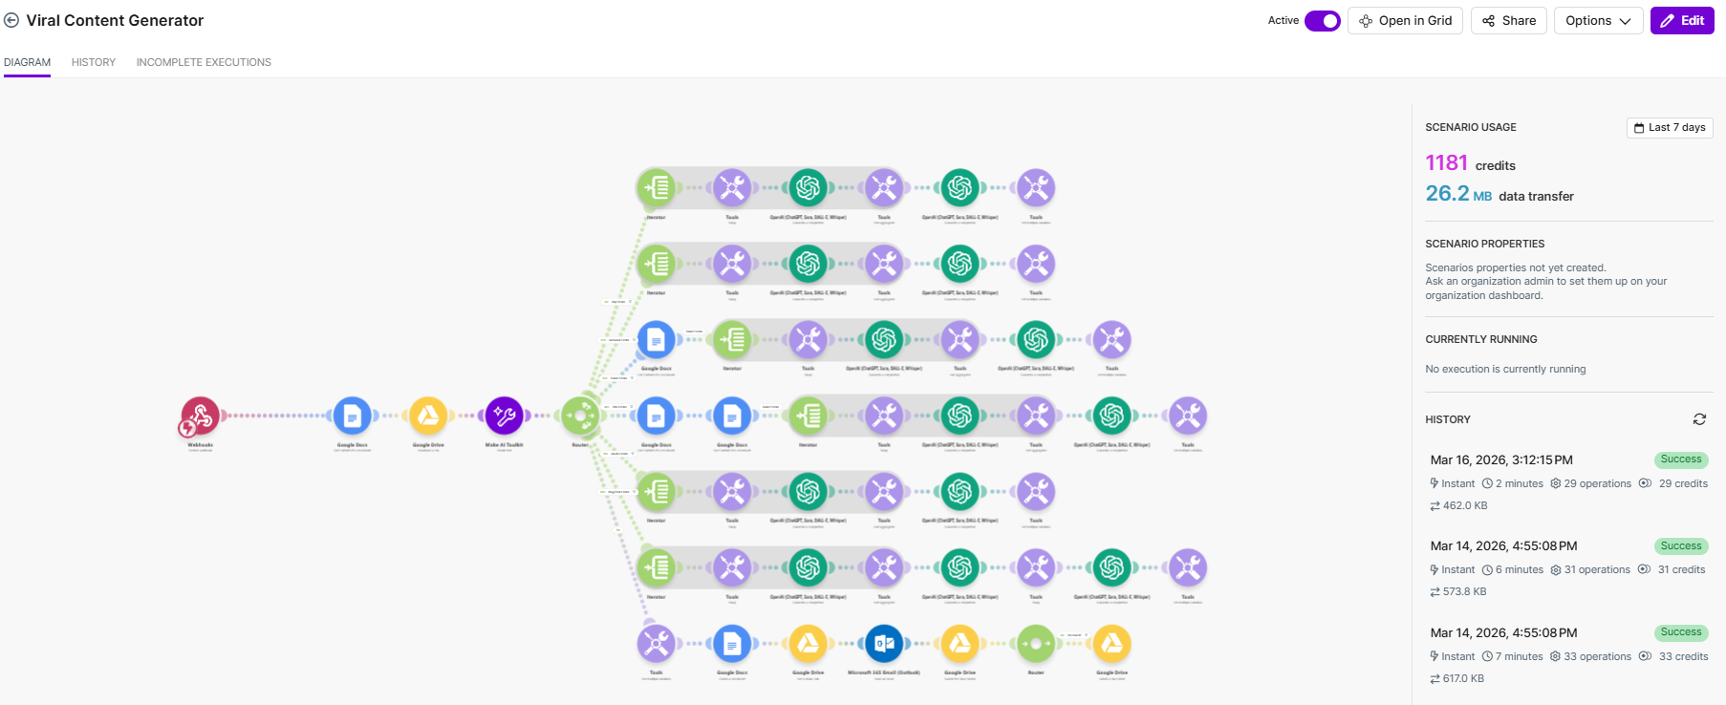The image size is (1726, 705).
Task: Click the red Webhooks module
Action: coord(201,416)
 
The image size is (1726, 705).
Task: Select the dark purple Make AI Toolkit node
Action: coord(504,416)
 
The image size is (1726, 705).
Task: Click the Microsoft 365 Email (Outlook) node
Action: coord(884,644)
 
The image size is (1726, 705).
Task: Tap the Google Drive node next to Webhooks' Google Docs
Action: coord(428,416)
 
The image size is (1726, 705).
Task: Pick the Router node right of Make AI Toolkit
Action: coord(580,416)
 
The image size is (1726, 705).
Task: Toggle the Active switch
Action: coord(1323,21)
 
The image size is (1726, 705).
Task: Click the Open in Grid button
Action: coord(1405,21)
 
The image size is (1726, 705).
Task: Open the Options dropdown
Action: coord(1598,21)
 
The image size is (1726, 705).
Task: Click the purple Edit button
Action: coord(1682,21)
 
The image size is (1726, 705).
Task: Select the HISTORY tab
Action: coord(94,62)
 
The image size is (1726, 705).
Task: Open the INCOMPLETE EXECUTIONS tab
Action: coord(204,62)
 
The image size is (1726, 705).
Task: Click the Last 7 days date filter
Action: coord(1670,128)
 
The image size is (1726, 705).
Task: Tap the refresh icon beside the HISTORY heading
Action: coord(1699,419)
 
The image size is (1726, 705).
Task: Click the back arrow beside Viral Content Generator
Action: coord(11,20)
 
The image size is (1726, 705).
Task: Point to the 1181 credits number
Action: coord(1446,163)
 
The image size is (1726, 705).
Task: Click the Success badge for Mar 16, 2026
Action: coord(1680,459)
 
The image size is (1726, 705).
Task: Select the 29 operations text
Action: coord(1597,483)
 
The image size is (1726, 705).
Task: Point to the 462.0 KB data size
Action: coord(1464,505)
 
